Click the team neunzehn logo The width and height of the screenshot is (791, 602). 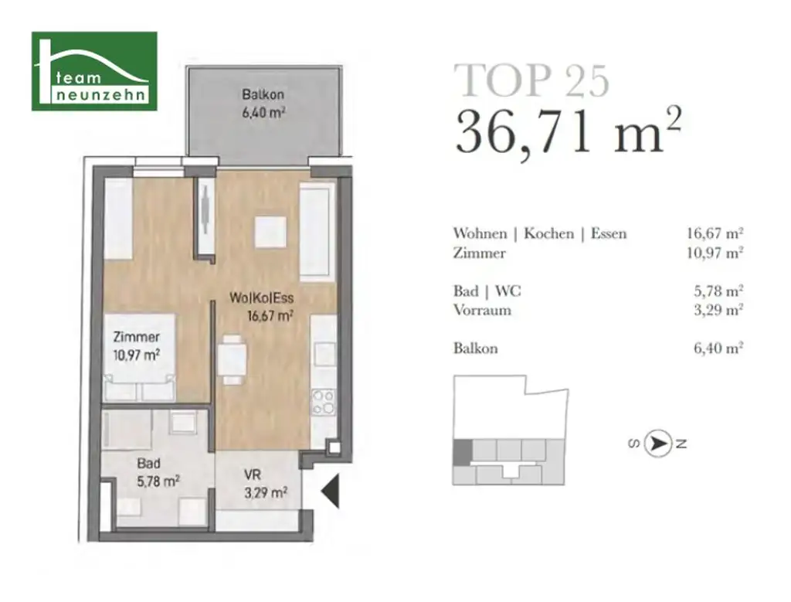(94, 71)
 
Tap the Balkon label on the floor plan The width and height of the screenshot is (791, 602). (263, 95)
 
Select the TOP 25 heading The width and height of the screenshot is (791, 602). (531, 80)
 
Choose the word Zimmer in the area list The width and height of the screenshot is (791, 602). (480, 253)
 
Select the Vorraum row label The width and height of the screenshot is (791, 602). (482, 311)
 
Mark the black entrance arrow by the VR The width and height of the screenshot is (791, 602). (330, 491)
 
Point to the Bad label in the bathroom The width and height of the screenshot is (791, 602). (148, 465)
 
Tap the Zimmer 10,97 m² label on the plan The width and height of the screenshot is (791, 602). (136, 345)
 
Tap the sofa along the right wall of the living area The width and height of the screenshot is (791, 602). (317, 230)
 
